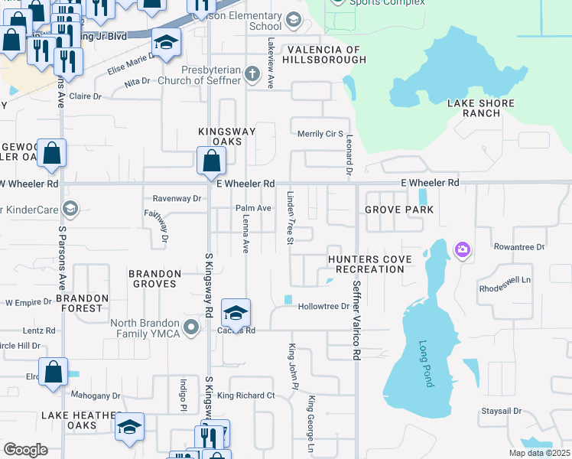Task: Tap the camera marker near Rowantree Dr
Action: point(462,249)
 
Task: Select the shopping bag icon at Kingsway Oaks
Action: point(211,161)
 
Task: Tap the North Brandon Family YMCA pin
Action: point(191,328)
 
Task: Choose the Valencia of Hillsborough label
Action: point(322,54)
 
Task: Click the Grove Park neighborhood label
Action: point(398,210)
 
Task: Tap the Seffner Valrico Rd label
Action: point(356,320)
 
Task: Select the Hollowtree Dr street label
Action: point(323,306)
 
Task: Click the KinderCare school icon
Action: point(70,209)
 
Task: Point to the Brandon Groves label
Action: point(154,278)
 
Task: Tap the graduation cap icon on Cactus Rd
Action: point(236,312)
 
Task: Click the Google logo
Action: point(25,450)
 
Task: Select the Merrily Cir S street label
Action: point(320,134)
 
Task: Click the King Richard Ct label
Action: point(245,396)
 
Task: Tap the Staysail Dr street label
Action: point(501,411)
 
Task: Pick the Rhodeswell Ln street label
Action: point(505,279)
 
